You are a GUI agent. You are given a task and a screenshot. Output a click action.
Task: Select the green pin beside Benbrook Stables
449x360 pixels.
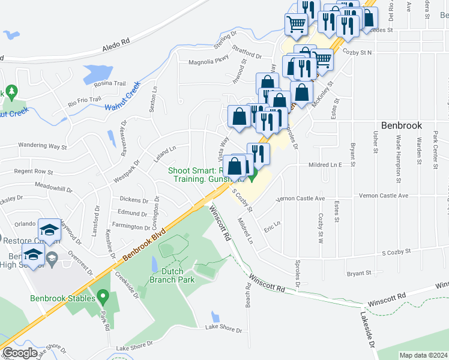click(103, 296)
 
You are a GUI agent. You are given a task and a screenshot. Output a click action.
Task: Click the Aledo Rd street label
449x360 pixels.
click(116, 44)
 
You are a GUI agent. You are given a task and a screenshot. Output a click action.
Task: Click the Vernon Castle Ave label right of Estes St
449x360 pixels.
click(383, 196)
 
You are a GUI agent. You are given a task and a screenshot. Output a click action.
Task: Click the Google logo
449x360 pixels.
click(20, 353)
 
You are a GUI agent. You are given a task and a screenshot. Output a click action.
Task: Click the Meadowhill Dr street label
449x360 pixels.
click(53, 186)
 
